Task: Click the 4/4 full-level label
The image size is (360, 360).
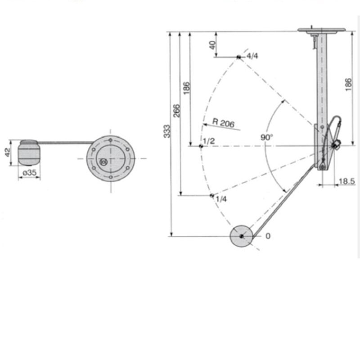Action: point(252,56)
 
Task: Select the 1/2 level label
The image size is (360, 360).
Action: point(209,142)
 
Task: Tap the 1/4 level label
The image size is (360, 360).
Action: point(221,199)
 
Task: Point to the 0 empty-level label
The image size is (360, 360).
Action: point(268,236)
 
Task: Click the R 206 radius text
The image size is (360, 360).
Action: point(224,123)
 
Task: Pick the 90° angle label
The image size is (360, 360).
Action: point(267,137)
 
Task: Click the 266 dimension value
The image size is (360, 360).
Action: point(177,111)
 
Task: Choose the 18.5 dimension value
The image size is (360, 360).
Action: point(346,181)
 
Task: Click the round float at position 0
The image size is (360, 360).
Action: point(241,236)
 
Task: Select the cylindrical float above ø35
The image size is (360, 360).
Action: point(29,153)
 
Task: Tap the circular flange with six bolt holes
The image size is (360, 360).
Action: point(110,158)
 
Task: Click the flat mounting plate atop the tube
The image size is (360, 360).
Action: point(321,30)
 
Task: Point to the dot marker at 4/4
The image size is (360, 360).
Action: point(238,57)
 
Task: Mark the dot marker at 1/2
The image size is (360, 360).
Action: point(201,146)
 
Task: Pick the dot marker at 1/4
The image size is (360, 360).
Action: point(211,195)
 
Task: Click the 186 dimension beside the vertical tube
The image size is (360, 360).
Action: point(349,84)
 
